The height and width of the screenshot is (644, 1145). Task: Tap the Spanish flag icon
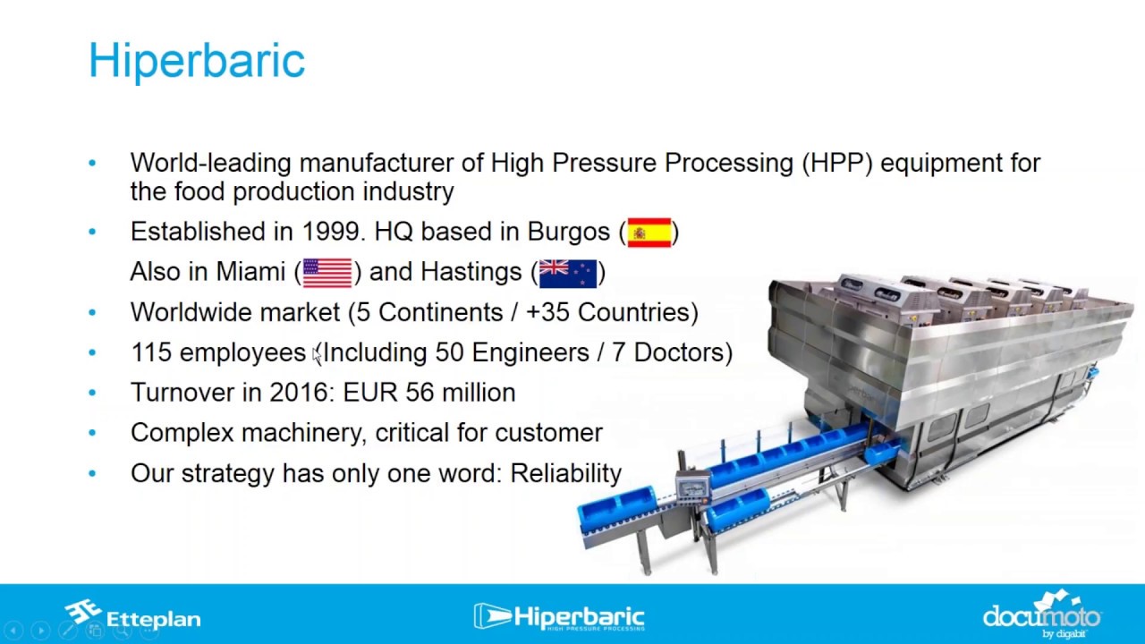649,233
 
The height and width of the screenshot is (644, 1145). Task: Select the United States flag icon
327,273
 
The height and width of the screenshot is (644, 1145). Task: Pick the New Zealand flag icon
568,274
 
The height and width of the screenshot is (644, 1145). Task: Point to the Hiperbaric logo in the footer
559,617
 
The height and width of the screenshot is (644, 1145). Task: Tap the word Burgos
568,233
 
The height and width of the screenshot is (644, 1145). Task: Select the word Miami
250,271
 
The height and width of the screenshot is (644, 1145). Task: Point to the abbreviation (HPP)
836,164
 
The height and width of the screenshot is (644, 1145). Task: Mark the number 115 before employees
151,352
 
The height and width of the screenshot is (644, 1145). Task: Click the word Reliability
566,474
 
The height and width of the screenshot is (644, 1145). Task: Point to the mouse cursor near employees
317,355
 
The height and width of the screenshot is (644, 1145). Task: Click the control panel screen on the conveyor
692,486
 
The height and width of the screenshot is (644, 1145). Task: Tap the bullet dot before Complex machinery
92,433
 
